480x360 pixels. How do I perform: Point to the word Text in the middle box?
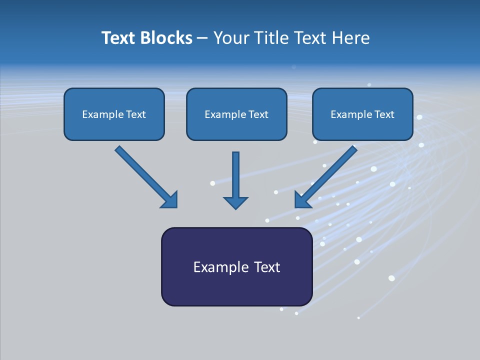(x=258, y=114)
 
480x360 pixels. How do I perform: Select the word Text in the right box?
(x=384, y=114)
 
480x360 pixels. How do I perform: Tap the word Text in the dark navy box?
(x=267, y=267)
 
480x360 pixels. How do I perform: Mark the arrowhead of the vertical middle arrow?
(x=235, y=202)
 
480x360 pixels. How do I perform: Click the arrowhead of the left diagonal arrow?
(x=170, y=200)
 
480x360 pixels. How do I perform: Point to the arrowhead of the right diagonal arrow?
(x=302, y=199)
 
